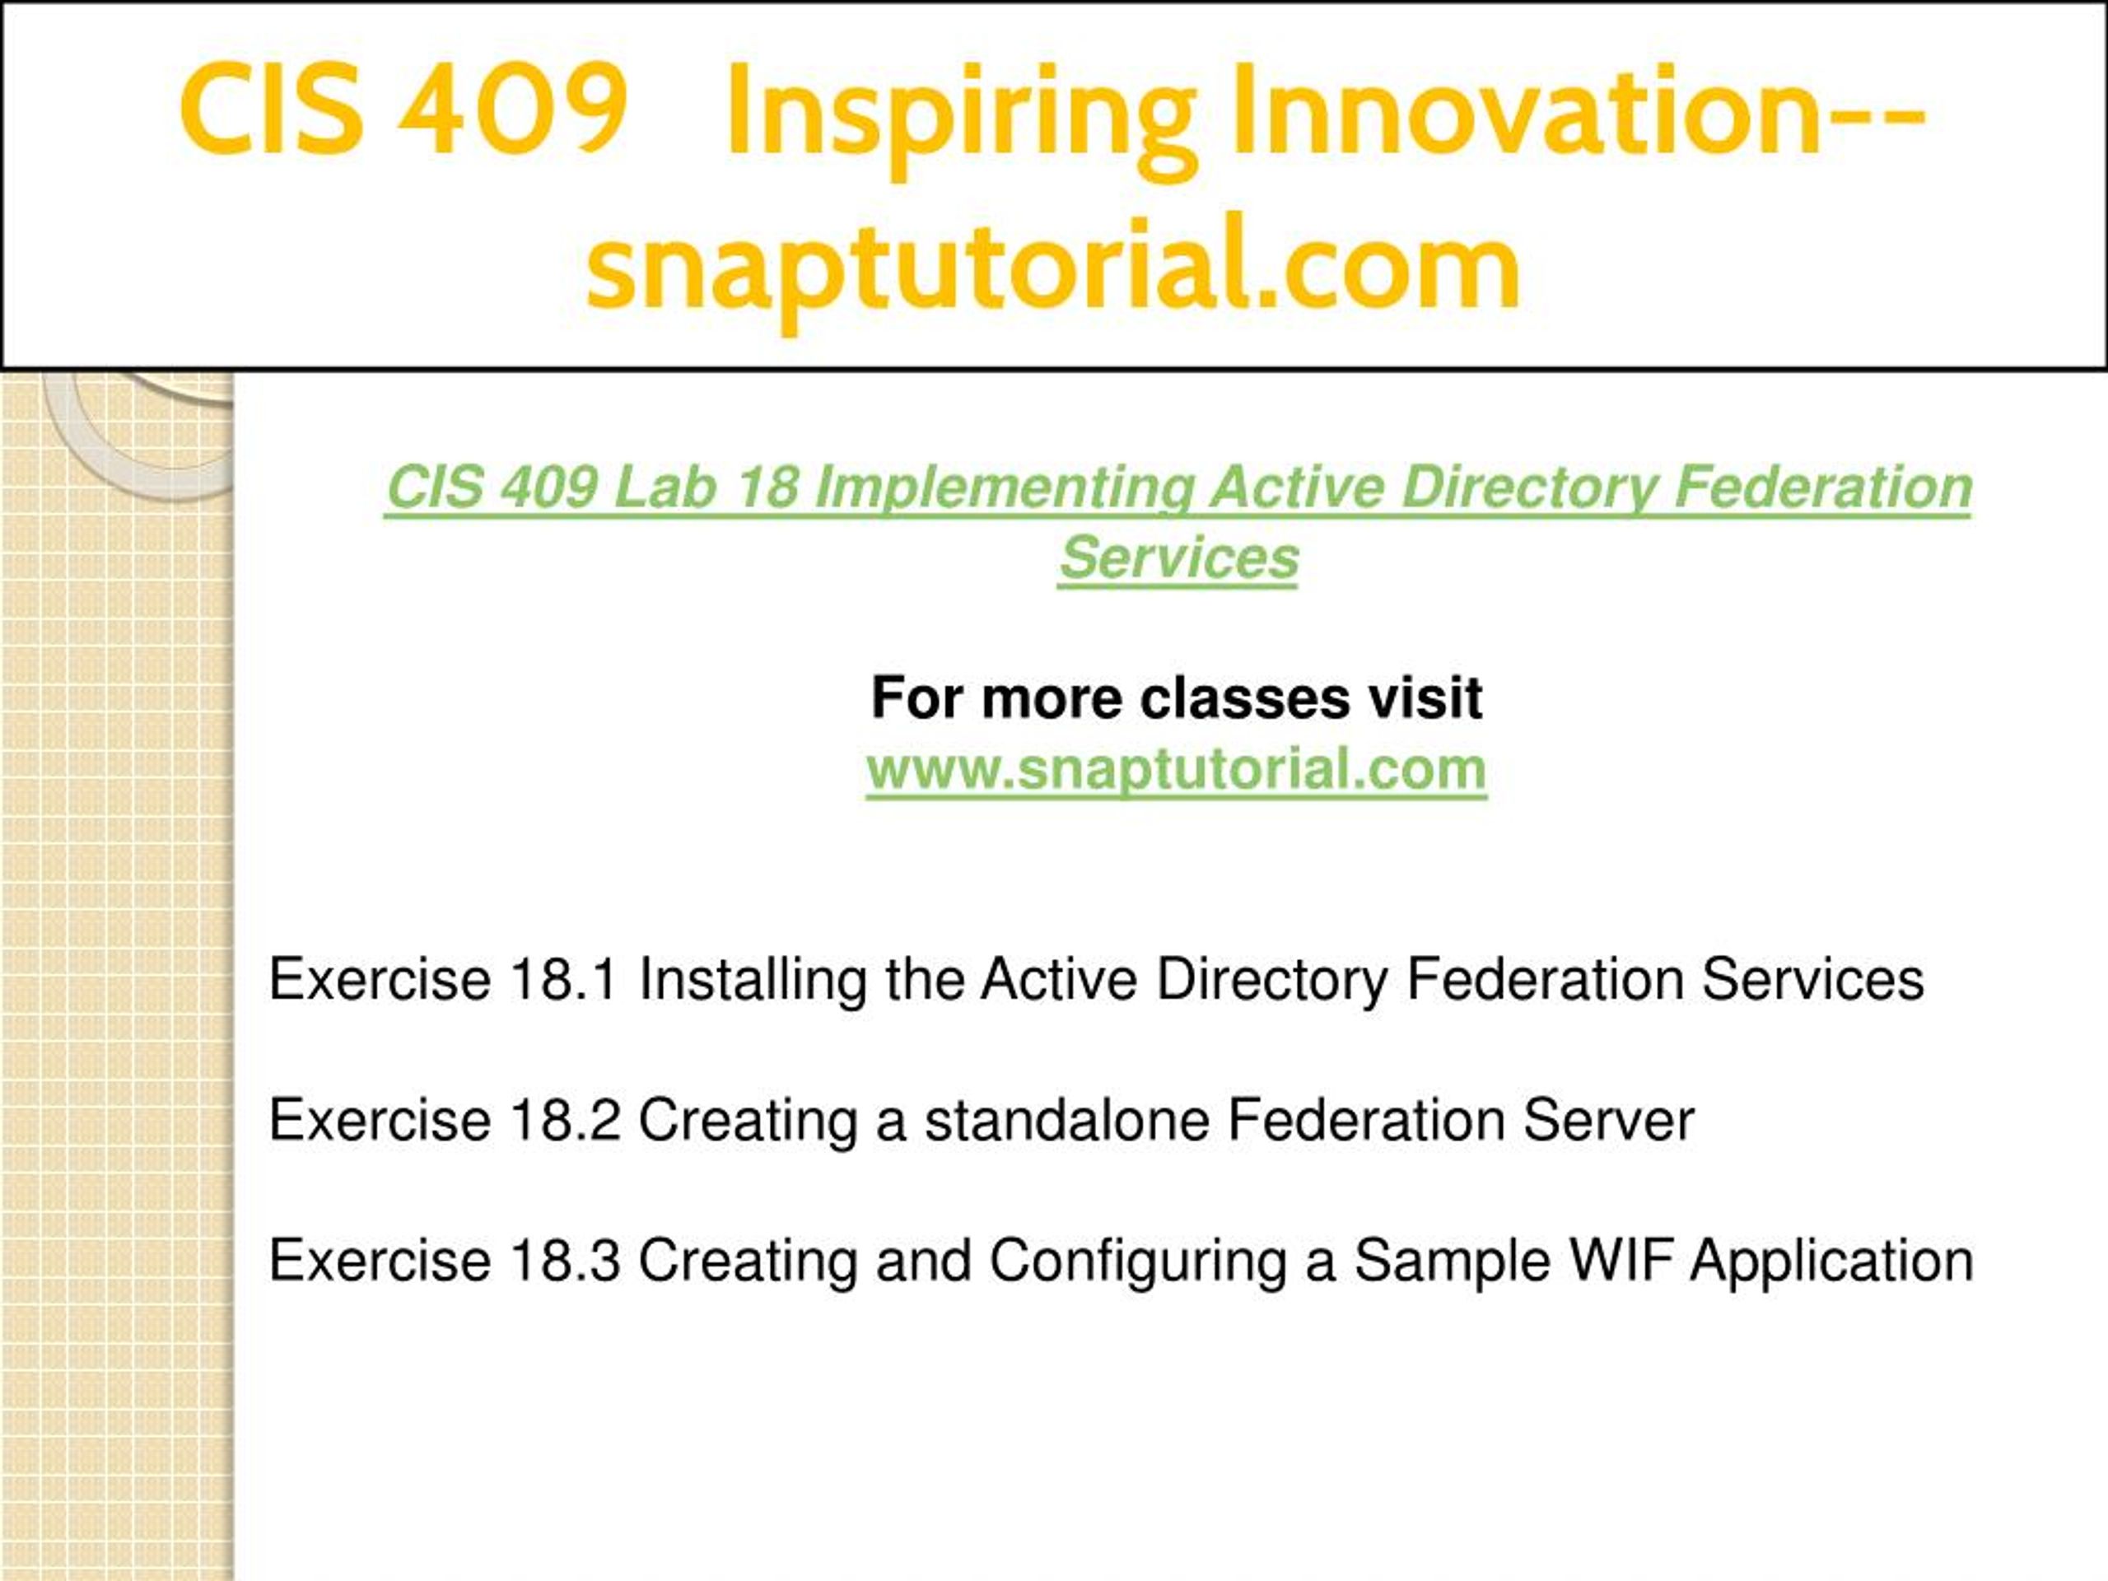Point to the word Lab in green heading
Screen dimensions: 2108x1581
pyautogui.click(x=665, y=487)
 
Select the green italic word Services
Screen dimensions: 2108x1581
pyautogui.click(x=1179, y=558)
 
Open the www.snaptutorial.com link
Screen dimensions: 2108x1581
pyautogui.click(x=1177, y=769)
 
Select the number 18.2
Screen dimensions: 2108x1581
pyautogui.click(x=564, y=1120)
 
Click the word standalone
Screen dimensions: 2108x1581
pyautogui.click(x=1067, y=1120)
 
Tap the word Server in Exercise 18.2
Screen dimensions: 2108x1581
pyautogui.click(x=1610, y=1120)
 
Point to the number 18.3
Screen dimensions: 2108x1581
pyautogui.click(x=564, y=1261)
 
